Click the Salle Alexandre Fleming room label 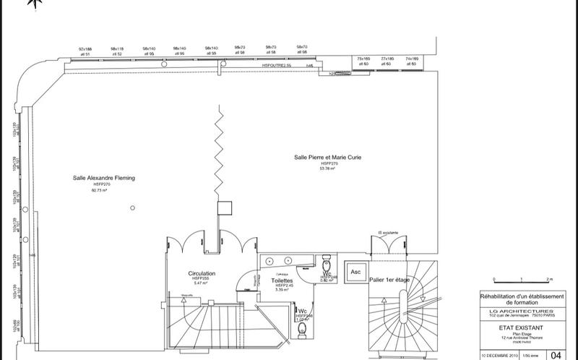(104, 177)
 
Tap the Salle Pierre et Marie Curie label (329, 157)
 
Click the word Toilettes (282, 280)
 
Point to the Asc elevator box (355, 272)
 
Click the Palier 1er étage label (389, 280)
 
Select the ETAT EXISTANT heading (514, 327)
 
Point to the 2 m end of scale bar (549, 278)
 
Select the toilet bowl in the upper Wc (327, 262)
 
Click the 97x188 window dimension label (85, 48)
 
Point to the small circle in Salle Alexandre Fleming (132, 208)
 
